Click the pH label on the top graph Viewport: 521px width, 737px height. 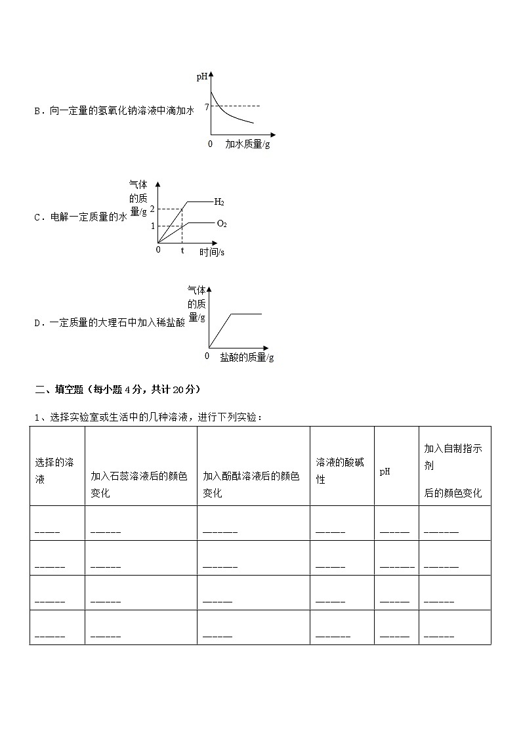201,77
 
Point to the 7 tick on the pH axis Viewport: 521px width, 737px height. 206,106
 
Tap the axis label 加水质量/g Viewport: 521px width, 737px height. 247,144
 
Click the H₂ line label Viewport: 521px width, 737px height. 220,201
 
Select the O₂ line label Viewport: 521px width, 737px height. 222,224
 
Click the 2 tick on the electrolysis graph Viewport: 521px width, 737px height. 152,209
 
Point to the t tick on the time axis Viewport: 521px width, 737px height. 182,251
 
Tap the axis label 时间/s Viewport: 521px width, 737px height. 212,252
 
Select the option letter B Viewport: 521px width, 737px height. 37,112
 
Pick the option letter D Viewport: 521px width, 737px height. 37,323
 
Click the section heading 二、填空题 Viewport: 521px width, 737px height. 58,389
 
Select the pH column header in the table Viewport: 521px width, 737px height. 385,471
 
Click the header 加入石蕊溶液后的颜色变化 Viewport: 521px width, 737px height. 139,484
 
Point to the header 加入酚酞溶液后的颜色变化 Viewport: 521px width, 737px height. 251,484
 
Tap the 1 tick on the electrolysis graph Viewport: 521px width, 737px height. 152,226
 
